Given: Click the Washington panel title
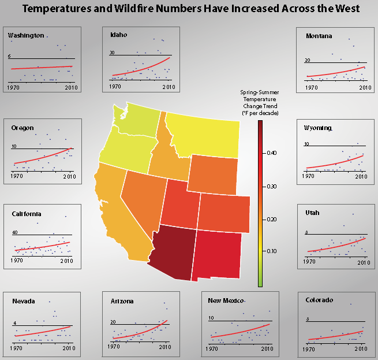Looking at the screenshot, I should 26,36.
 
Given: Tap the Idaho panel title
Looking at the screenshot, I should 118,35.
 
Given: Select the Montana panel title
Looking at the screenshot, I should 319,36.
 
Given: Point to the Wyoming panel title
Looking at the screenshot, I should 319,128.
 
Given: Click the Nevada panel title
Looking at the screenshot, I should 24,301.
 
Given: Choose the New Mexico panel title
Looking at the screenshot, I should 227,301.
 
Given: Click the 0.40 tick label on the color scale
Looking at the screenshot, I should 271,153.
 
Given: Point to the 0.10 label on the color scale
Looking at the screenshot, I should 271,251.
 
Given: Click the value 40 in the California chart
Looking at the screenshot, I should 16,233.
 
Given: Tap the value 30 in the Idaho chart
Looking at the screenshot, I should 113,53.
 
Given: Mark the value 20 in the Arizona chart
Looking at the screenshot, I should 114,322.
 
